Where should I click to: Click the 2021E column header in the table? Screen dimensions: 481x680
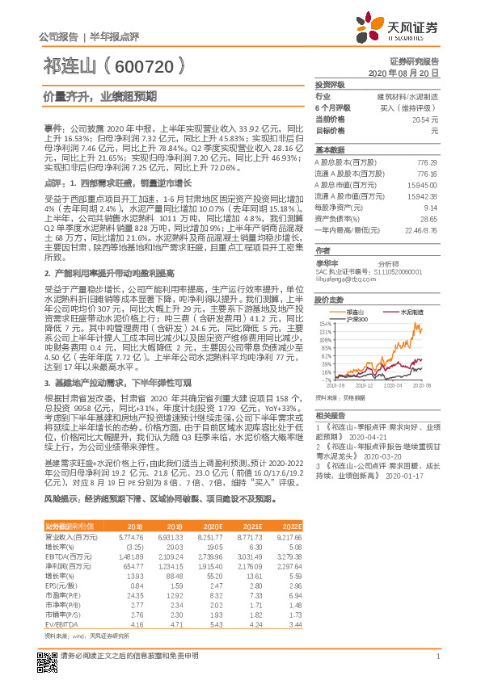coord(255,525)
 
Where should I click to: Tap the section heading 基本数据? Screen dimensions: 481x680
coord(329,149)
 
